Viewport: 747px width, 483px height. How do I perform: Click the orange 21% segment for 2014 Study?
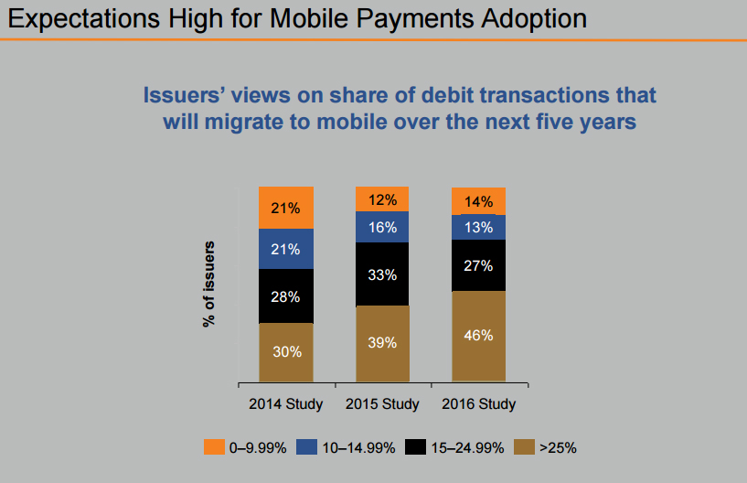click(x=286, y=208)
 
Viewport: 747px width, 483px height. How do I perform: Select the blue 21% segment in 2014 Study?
click(x=286, y=249)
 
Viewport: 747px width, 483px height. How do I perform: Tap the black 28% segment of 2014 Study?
click(x=286, y=295)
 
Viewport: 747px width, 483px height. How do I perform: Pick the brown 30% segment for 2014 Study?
click(x=286, y=352)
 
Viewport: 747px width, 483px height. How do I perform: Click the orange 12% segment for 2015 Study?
click(x=382, y=199)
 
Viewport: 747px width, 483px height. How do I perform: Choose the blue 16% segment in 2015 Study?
click(x=382, y=227)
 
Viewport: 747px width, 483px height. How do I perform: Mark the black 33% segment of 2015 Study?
click(x=382, y=274)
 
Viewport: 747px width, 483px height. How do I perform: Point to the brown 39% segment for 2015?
click(x=382, y=343)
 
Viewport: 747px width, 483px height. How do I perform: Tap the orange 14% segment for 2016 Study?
click(x=478, y=201)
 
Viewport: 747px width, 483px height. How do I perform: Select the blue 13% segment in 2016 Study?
click(x=478, y=227)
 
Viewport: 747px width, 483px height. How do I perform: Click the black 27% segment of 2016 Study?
click(x=478, y=265)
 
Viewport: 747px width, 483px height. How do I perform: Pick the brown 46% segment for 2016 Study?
click(x=478, y=336)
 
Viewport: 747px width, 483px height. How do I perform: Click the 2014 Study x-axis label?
click(x=286, y=403)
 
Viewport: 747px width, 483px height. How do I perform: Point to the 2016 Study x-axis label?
click(x=478, y=403)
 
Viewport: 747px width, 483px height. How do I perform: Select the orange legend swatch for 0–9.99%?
click(x=213, y=447)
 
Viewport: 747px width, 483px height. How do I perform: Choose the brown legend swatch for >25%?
click(x=524, y=447)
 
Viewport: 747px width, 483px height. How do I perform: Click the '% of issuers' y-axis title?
click(x=208, y=284)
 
